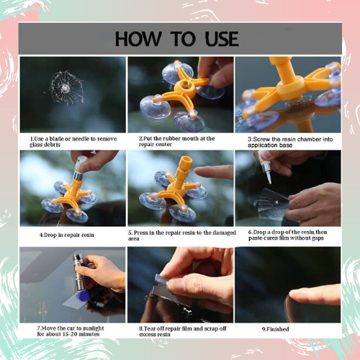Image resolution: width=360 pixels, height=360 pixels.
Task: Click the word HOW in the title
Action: [x=138, y=39]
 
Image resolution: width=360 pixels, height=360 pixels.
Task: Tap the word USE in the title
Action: [x=222, y=39]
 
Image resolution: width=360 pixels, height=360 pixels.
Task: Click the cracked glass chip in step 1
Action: [x=66, y=88]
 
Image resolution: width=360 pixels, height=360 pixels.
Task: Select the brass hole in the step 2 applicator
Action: [x=185, y=84]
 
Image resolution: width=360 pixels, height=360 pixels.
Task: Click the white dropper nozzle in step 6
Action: [x=269, y=177]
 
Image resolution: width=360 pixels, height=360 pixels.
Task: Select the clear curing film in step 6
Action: [x=272, y=204]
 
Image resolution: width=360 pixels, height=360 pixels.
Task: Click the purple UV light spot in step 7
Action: [x=84, y=297]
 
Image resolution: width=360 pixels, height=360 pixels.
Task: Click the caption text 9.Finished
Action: [x=275, y=329]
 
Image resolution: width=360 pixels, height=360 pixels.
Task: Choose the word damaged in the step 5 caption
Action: [x=224, y=233]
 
